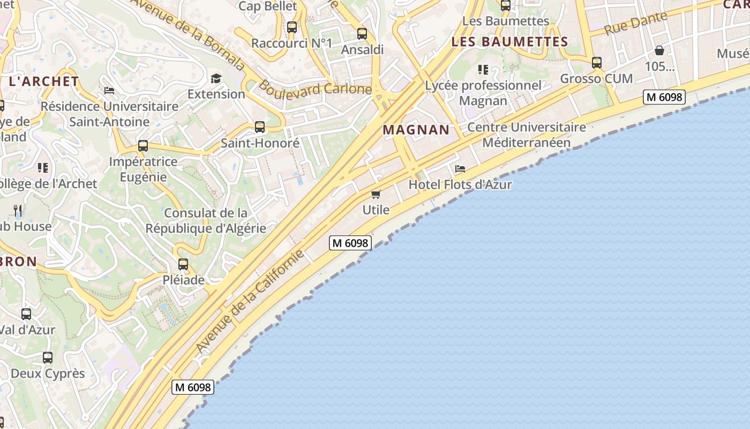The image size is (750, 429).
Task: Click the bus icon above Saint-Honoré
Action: click(260, 127)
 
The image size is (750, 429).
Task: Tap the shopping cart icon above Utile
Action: click(376, 194)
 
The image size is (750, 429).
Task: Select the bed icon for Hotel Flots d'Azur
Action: click(460, 168)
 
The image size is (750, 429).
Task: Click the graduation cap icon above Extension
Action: click(216, 78)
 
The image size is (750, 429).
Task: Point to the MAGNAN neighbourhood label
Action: click(416, 130)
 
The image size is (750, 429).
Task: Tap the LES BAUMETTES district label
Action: click(509, 42)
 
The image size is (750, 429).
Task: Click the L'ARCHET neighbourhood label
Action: click(44, 82)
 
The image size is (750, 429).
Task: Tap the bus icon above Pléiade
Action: click(183, 264)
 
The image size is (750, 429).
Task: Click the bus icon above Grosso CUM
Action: click(597, 63)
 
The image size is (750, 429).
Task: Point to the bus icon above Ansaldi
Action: click(362, 34)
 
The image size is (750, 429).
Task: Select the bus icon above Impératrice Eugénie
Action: click(143, 146)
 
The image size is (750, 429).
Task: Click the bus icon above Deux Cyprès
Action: click(48, 358)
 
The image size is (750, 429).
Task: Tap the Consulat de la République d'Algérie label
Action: click(206, 220)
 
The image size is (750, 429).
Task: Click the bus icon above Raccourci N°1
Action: click(292, 27)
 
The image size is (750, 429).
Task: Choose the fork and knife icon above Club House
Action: click(18, 210)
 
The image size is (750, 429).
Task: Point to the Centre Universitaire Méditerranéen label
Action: click(527, 135)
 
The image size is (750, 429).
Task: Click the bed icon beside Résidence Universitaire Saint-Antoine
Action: click(109, 91)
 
